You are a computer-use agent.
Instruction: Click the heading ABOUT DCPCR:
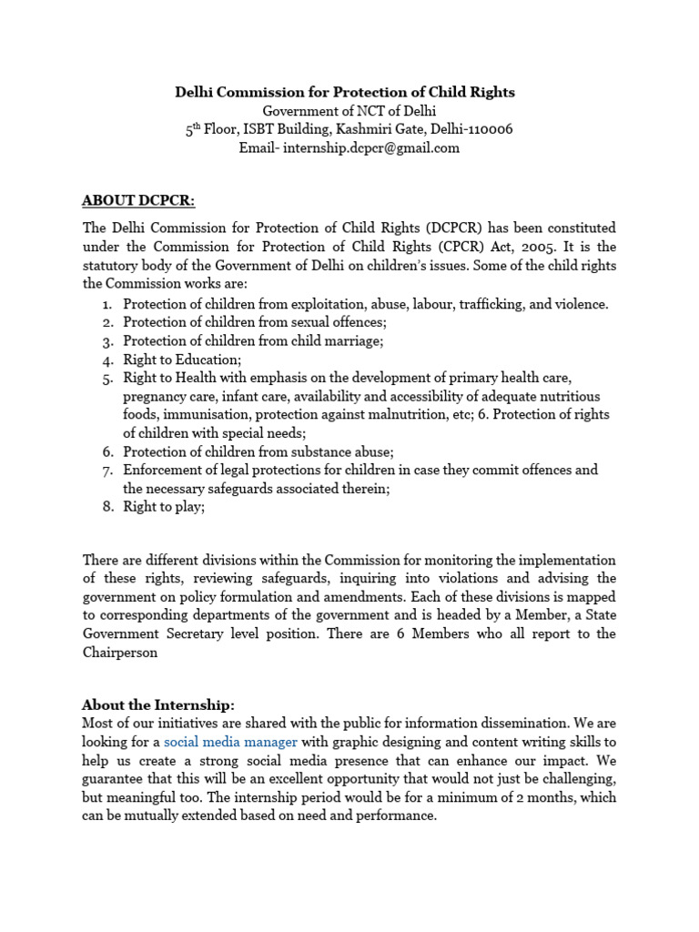click(138, 200)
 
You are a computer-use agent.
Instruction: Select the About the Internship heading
click(158, 704)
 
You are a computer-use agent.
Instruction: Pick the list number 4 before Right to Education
click(106, 360)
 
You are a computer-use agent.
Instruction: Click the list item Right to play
click(164, 507)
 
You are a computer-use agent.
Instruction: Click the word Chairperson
click(120, 653)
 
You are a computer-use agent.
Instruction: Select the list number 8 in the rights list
click(106, 507)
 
